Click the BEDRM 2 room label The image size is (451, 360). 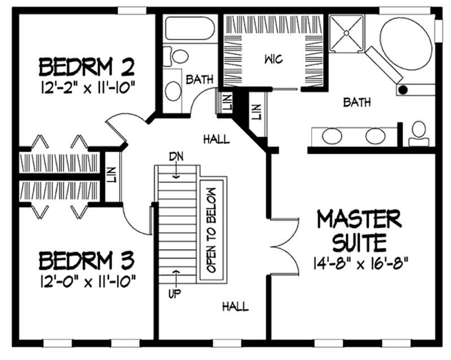86,68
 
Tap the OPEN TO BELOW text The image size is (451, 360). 212,230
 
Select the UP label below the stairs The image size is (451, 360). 176,294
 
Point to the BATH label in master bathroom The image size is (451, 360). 357,103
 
